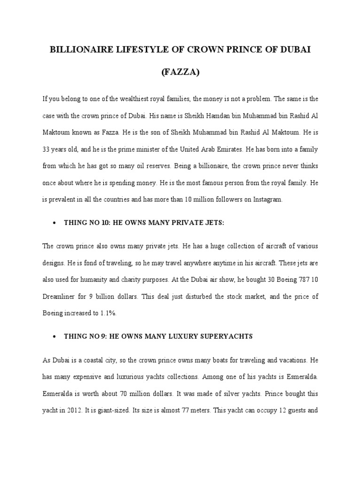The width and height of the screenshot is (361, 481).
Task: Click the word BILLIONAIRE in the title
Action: (79, 50)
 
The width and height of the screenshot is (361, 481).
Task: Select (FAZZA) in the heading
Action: (180, 73)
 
